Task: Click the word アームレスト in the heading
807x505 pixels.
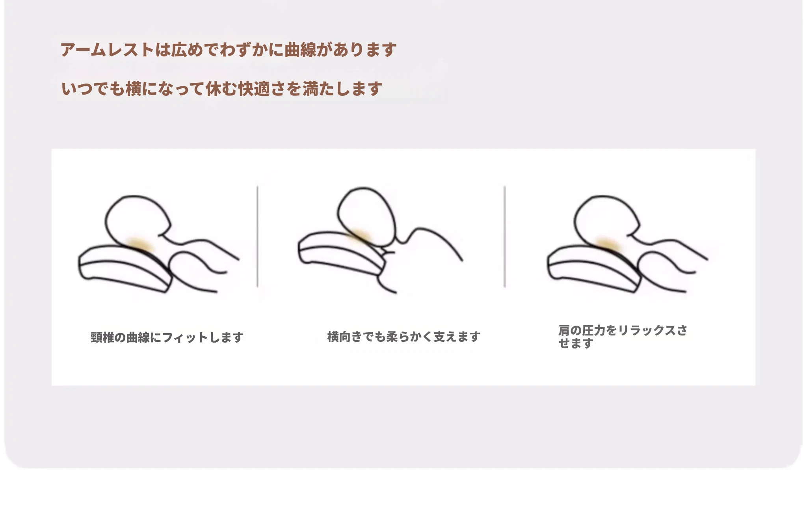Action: (x=107, y=50)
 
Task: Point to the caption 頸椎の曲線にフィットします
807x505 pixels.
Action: (x=167, y=337)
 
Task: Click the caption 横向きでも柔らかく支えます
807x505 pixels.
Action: (x=403, y=337)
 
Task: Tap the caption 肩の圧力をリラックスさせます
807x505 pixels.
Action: (x=623, y=337)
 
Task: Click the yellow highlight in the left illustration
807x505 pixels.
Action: (x=138, y=244)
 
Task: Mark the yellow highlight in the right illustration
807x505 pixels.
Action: (x=608, y=244)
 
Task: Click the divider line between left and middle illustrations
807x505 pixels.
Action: (x=257, y=237)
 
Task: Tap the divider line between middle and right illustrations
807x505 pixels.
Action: (x=504, y=237)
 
